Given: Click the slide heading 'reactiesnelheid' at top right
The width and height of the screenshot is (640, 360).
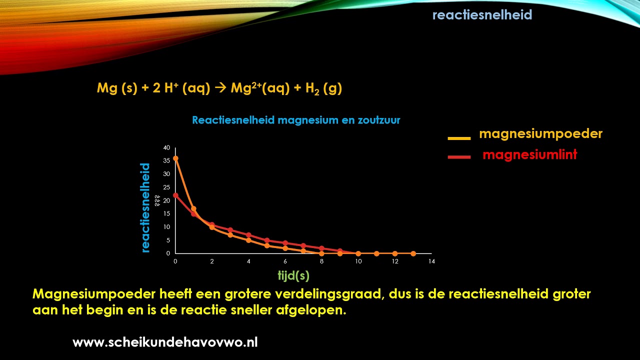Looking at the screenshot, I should (482, 15).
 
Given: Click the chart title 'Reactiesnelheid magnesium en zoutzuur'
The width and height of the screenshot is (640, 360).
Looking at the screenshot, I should (296, 120).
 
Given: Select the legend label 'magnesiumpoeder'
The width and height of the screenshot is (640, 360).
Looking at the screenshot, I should (540, 134).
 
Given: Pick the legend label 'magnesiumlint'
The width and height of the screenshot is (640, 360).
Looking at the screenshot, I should (529, 155).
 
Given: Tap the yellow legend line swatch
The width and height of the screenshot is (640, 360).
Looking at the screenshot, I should (459, 138).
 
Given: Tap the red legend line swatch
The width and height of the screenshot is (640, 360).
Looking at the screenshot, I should (459, 157).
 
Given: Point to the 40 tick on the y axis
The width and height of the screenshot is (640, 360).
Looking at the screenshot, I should (167, 148).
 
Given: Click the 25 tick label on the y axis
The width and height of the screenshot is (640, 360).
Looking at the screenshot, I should (167, 187).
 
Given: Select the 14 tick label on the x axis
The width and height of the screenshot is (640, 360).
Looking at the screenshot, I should (431, 261).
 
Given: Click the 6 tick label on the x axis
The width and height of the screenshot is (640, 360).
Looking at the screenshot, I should (285, 261).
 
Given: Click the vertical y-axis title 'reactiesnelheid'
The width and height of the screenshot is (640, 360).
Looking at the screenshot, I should (145, 207).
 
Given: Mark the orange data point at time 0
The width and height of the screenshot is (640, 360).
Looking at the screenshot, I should (175, 158).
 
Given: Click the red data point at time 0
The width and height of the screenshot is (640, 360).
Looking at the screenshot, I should (175, 195).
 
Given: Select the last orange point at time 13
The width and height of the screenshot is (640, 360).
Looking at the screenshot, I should (413, 253).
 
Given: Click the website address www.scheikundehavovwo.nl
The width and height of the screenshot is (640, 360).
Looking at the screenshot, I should (165, 342).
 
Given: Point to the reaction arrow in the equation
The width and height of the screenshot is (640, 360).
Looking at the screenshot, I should (220, 88).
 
